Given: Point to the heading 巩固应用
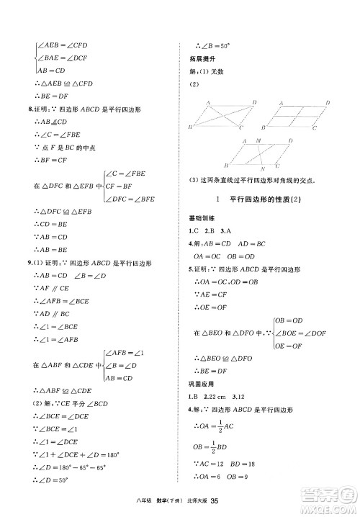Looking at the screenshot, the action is (197, 385).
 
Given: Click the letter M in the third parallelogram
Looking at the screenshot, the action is (258, 142).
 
